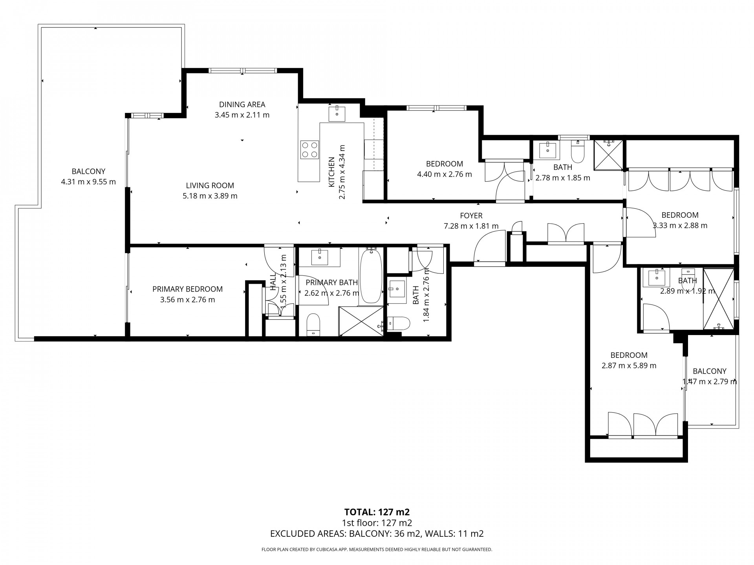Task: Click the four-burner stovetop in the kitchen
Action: point(309,149)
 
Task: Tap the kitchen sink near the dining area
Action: point(337,114)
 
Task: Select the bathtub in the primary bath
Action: point(371,276)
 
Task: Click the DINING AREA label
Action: point(242,104)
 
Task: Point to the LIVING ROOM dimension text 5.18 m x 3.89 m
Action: point(210,196)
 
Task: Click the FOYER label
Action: point(471,215)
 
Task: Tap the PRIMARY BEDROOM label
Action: point(187,289)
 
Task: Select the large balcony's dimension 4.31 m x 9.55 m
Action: point(88,182)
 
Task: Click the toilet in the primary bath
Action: point(313,324)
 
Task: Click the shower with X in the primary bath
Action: point(361,321)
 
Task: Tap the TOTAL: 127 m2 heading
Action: point(377,512)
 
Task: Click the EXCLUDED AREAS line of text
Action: point(377,534)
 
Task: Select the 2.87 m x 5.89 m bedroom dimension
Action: point(629,366)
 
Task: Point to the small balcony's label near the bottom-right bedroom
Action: point(709,371)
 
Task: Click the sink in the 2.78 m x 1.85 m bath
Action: point(547,150)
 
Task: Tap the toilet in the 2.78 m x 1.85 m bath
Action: point(577,153)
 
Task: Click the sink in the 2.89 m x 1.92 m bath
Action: point(656,278)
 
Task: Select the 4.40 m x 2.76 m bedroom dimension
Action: point(444,174)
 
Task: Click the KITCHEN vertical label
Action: point(332,172)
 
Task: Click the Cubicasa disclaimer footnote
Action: point(377,550)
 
